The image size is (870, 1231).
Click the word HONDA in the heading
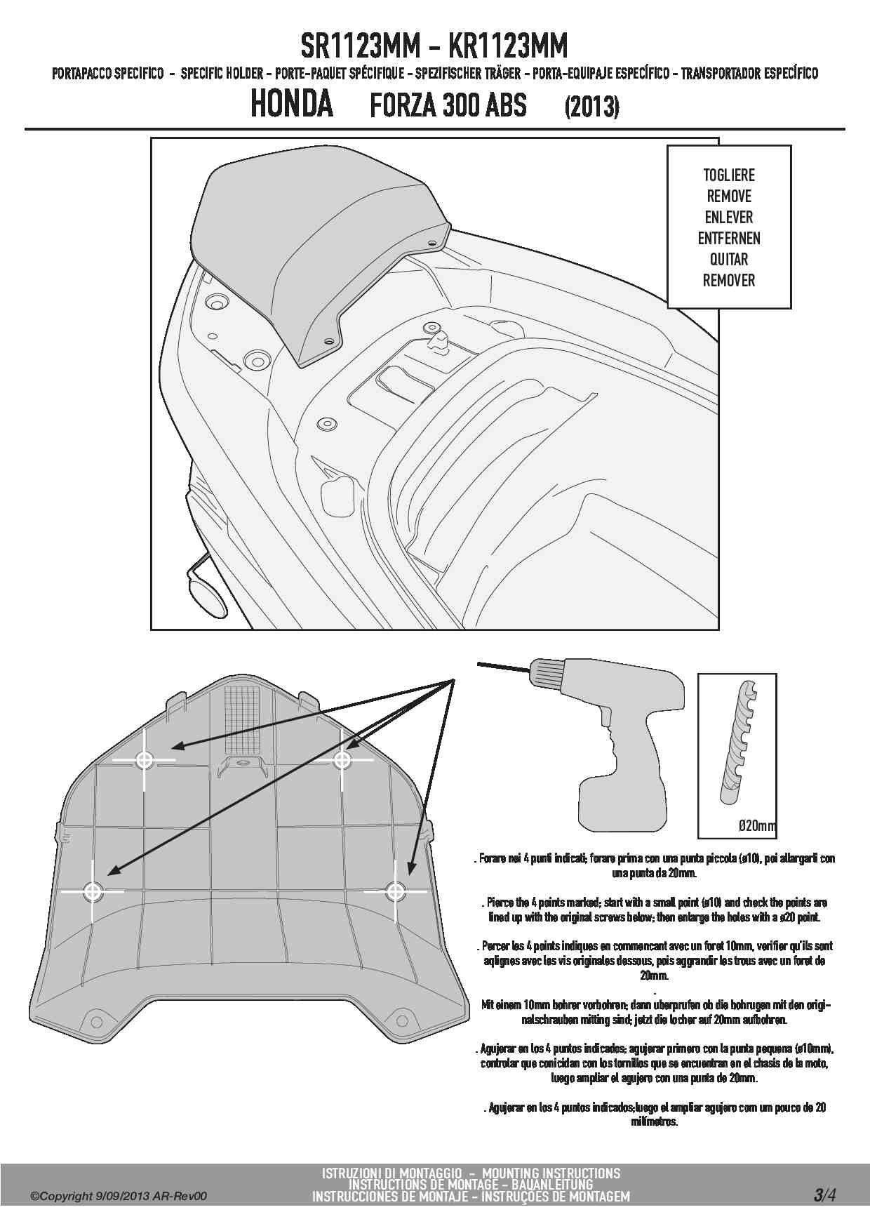click(292, 104)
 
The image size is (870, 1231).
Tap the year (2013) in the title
click(592, 107)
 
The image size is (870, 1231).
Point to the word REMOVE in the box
click(729, 197)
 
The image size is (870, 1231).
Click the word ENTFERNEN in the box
click(729, 239)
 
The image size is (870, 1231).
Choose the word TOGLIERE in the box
click(729, 175)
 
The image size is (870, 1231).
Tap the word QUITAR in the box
click(729, 260)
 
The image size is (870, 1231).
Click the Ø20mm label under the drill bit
click(757, 826)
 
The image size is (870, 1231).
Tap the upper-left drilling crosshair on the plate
click(145, 760)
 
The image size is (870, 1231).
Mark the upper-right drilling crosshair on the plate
click(342, 759)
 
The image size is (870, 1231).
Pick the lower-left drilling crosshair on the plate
click(93, 891)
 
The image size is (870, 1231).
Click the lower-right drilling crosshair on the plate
click(395, 891)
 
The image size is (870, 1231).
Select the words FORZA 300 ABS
click(448, 106)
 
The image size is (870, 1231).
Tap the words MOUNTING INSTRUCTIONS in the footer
click(551, 1173)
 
